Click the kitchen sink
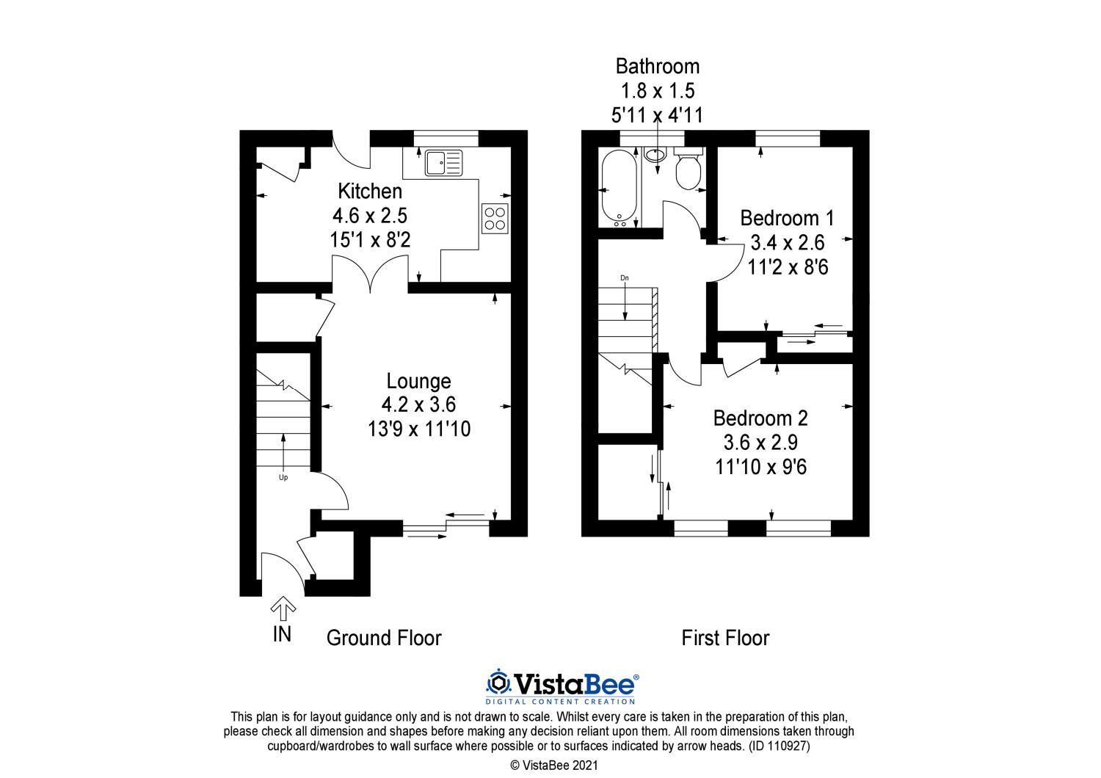point(444,162)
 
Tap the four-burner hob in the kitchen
point(495,219)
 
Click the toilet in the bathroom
point(688,167)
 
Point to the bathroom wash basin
point(655,155)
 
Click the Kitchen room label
point(370,191)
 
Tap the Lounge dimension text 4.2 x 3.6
point(419,404)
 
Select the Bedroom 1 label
point(788,218)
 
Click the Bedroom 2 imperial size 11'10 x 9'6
point(761,467)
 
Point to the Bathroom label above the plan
point(658,66)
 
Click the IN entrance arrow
point(283,608)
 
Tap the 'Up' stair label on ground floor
point(283,477)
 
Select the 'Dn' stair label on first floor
point(624,277)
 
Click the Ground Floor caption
point(384,638)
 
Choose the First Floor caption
point(725,638)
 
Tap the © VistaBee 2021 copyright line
point(554,766)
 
